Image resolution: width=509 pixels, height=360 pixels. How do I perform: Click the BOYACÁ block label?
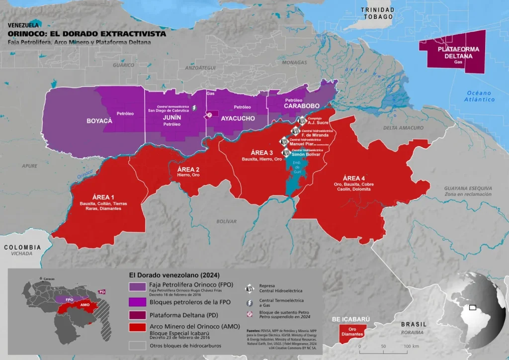coord(99,121)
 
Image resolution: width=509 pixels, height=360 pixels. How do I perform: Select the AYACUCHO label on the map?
coord(238,118)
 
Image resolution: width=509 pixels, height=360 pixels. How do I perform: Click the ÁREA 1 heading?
coord(103,197)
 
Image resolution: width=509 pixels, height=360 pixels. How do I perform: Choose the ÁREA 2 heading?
coord(189,169)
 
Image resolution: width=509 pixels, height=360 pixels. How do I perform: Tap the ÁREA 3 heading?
coord(261,152)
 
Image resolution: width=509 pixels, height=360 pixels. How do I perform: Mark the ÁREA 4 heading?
coord(354,178)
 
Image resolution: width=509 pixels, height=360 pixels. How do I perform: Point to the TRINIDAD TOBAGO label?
coord(377,13)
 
